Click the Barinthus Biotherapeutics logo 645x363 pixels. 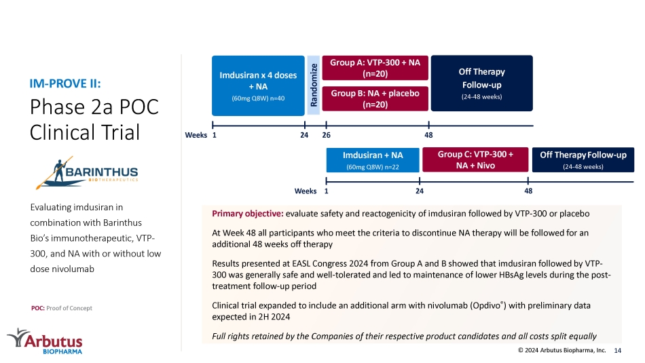[x=87, y=173]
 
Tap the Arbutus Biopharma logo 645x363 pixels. [x=45, y=341]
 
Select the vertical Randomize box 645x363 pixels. [x=314, y=85]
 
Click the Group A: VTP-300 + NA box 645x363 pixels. [x=375, y=68]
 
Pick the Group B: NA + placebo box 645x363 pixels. [x=375, y=98]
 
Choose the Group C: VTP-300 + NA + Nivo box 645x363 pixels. [x=475, y=159]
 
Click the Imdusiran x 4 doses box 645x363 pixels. [x=258, y=85]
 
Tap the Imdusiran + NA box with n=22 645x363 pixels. [x=373, y=160]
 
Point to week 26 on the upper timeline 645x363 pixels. [x=326, y=135]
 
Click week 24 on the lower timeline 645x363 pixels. [x=419, y=191]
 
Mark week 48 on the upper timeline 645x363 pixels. [x=428, y=135]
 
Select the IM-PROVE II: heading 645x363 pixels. [x=65, y=83]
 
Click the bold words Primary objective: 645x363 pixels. [x=248, y=213]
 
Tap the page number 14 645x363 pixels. [x=617, y=350]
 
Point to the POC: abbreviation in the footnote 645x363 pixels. [x=38, y=308]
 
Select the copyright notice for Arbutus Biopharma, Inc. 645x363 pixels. [x=562, y=350]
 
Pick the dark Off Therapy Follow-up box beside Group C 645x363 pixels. [x=583, y=160]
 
